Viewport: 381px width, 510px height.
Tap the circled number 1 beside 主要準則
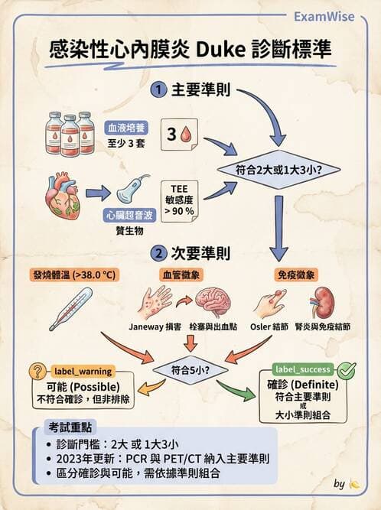coord(159,89)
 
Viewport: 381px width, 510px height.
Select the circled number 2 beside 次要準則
coord(159,252)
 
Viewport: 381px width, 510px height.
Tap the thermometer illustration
coord(76,307)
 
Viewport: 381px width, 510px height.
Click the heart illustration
coord(64,193)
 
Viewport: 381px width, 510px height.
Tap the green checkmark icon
coord(346,370)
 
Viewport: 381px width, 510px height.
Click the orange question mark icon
coord(37,371)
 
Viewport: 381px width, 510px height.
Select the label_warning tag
coord(84,370)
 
